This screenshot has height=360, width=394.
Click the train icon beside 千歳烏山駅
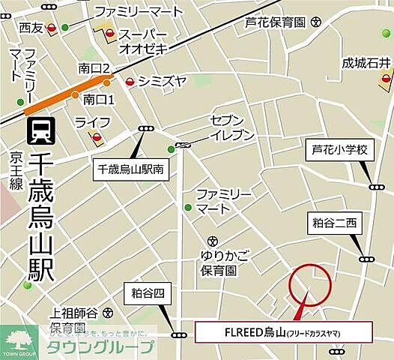coord(38,131)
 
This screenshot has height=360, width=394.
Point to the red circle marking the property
coord(309,284)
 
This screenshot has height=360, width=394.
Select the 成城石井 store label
coord(366,62)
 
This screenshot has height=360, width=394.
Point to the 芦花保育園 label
coord(276,22)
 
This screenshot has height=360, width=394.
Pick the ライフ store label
coord(93,121)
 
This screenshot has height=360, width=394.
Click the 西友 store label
coord(31,28)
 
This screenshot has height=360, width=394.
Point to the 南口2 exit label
coord(94,69)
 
